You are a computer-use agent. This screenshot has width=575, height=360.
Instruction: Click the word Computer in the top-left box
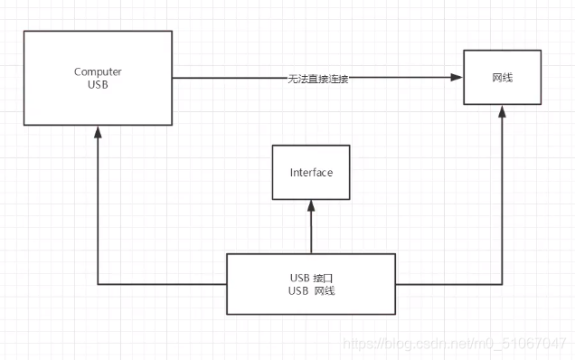pyautogui.click(x=98, y=71)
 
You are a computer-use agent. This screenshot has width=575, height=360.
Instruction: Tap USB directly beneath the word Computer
pyautogui.click(x=98, y=84)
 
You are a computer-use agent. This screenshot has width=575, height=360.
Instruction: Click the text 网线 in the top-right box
pyautogui.click(x=503, y=78)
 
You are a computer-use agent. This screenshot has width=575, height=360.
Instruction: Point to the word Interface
pyautogui.click(x=311, y=172)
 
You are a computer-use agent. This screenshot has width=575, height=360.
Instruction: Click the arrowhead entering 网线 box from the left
pyautogui.click(x=457, y=79)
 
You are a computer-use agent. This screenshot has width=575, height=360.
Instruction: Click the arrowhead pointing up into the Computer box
pyautogui.click(x=98, y=132)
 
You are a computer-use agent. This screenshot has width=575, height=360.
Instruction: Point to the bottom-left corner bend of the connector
pyautogui.click(x=98, y=284)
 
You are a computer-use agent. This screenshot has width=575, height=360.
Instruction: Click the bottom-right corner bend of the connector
pyautogui.click(x=503, y=284)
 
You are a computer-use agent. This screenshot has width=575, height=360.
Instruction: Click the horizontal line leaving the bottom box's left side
pyautogui.click(x=163, y=284)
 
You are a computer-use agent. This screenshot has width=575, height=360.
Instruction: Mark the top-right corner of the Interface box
pyautogui.click(x=349, y=145)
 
